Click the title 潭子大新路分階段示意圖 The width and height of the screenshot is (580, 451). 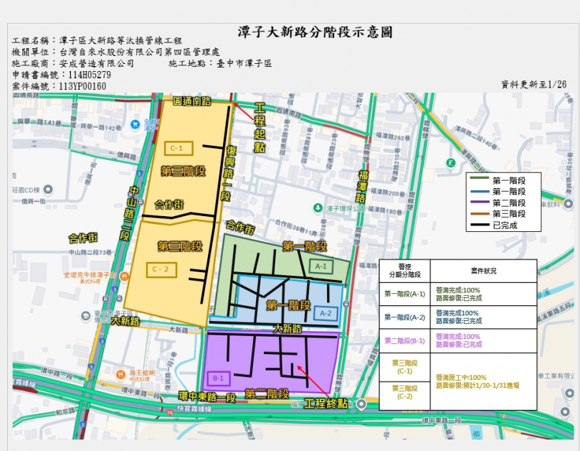(315, 33)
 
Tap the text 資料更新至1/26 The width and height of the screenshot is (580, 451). (533, 85)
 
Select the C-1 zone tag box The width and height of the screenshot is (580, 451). (177, 148)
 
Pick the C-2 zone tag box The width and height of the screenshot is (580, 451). (159, 269)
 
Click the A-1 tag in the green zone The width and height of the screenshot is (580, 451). (320, 266)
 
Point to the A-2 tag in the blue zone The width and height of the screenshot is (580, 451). (325, 312)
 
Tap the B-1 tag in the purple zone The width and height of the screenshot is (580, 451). (219, 378)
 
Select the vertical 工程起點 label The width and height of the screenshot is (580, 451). (260, 127)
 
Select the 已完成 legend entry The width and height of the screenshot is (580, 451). (505, 225)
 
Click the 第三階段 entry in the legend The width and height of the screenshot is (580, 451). (509, 214)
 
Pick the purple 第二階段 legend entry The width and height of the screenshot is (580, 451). (509, 203)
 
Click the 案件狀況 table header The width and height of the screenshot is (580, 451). (483, 271)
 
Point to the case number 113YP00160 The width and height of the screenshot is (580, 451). (82, 86)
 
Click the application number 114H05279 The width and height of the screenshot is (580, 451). (85, 75)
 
